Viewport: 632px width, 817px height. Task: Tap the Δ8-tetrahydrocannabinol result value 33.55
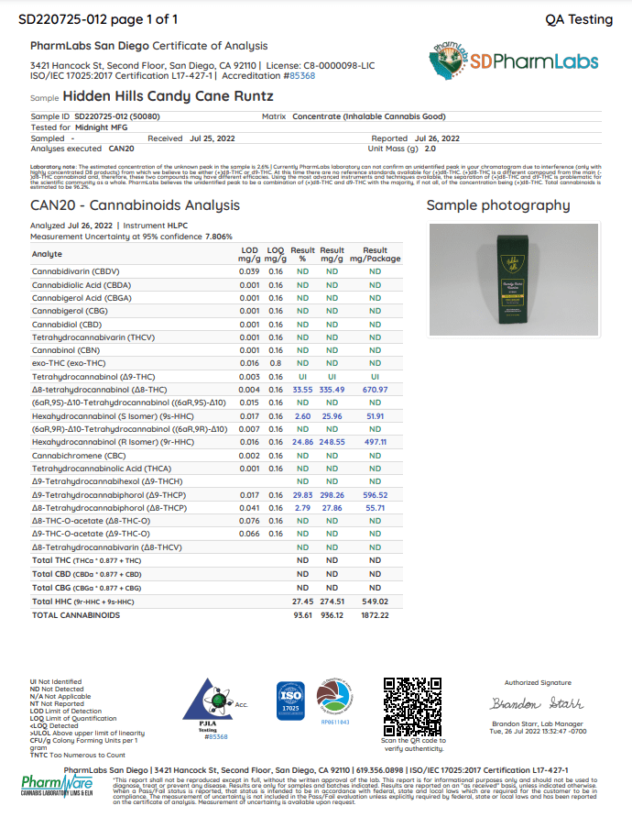pos(302,390)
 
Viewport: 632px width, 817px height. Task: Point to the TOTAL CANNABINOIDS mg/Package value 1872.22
pos(376,615)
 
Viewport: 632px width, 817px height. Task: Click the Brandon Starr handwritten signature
pos(537,704)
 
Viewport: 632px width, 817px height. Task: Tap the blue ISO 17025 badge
pos(289,701)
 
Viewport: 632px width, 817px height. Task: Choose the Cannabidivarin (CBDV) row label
pos(76,271)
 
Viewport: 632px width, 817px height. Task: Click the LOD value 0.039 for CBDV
pos(249,271)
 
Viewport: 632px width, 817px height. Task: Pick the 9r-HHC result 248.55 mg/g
pos(332,442)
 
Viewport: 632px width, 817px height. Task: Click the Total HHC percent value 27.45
pos(302,602)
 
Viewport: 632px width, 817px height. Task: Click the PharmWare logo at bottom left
pos(55,788)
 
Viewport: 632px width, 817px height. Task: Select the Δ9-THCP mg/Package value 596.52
pos(376,494)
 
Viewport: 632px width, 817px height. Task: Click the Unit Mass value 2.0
pos(430,148)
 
